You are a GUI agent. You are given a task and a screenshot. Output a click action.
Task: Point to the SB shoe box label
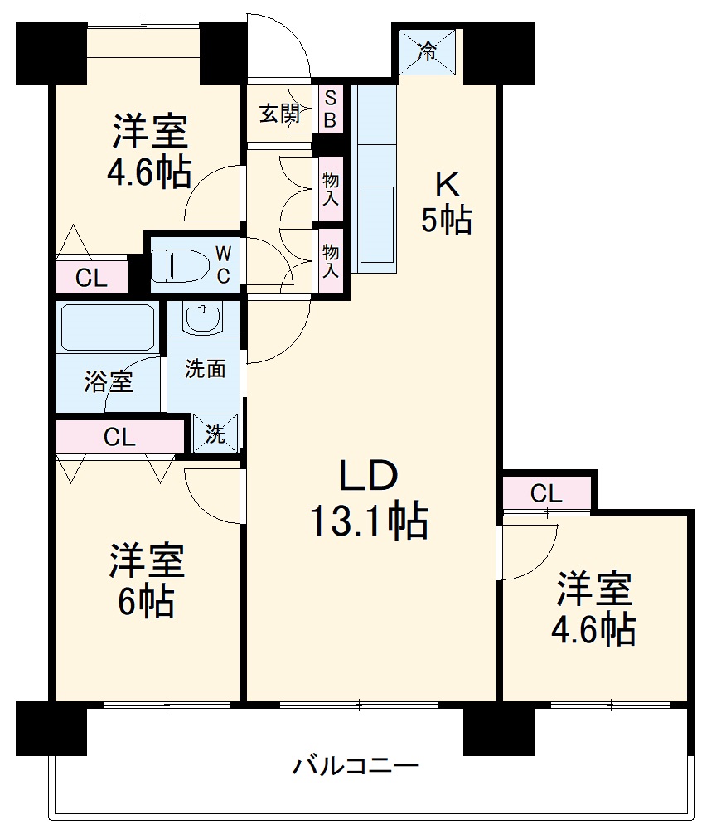tap(330, 109)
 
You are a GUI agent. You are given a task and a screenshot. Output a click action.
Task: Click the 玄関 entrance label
tap(279, 114)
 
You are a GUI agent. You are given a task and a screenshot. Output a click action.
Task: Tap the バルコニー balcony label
tap(355, 765)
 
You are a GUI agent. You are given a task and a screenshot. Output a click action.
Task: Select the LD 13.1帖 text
tap(368, 498)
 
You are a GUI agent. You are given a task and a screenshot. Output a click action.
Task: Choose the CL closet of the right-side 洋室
tap(546, 494)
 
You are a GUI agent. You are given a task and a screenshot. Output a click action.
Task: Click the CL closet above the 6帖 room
tap(119, 437)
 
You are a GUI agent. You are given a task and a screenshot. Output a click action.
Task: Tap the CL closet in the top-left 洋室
tap(91, 279)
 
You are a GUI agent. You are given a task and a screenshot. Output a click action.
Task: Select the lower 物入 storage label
tap(331, 259)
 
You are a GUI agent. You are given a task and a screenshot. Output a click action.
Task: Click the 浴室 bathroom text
tap(108, 382)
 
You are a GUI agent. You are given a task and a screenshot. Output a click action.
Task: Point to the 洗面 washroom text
tap(205, 369)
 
